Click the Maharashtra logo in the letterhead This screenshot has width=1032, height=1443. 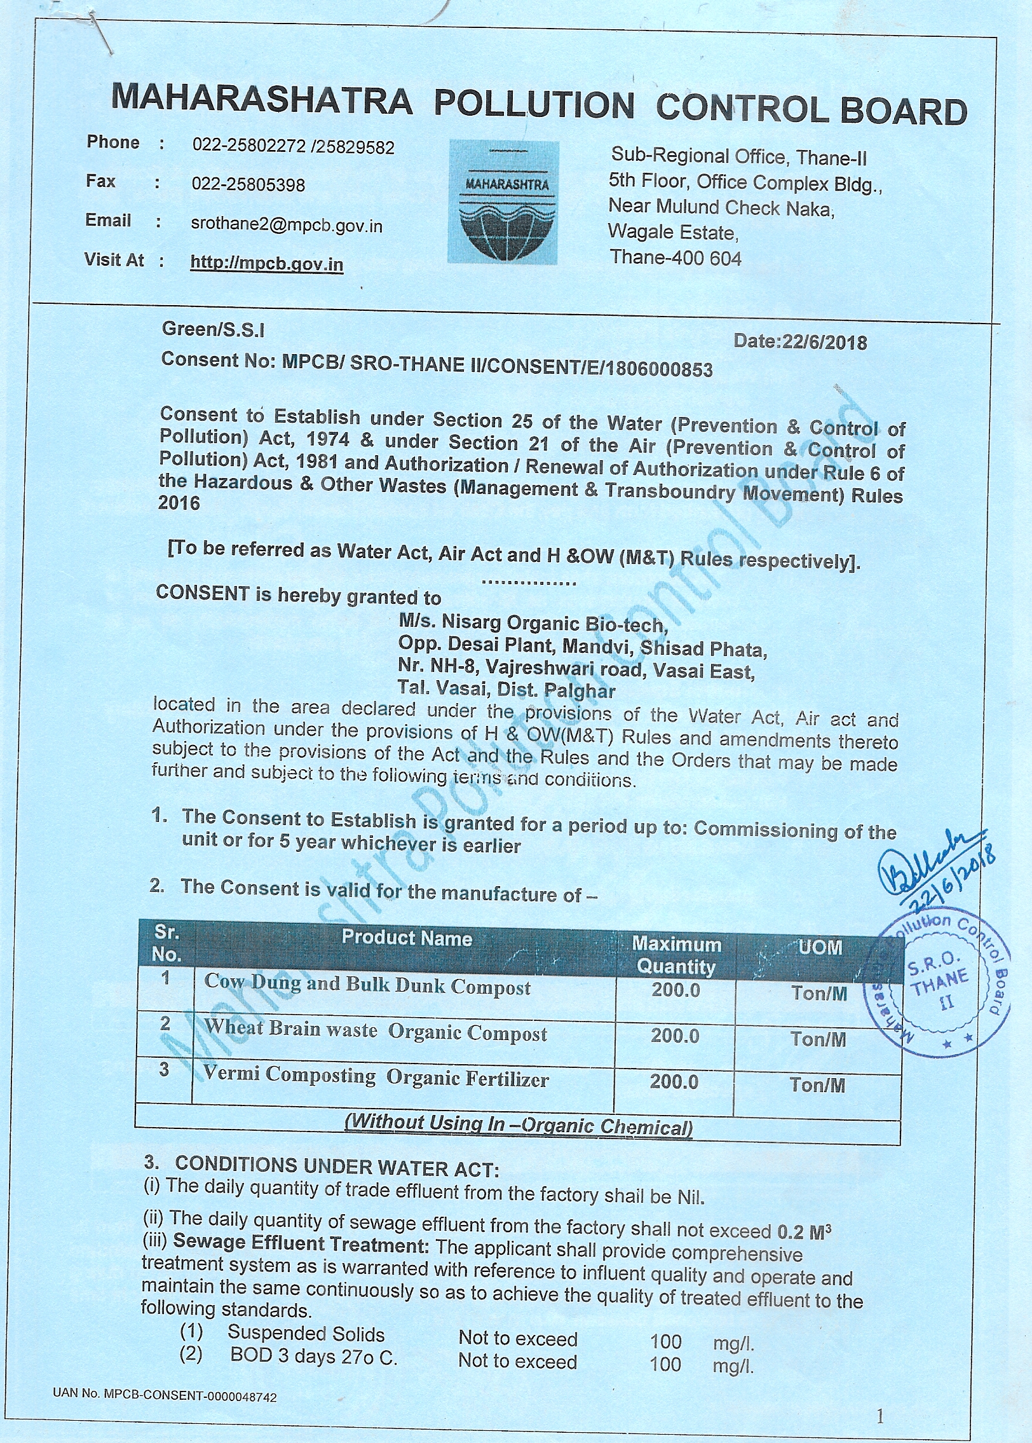tap(503, 203)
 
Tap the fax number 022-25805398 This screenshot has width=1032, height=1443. tap(248, 185)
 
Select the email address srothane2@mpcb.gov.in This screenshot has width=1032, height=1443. tap(287, 226)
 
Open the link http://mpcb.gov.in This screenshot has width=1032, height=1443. tap(266, 263)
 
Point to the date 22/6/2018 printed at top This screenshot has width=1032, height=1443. tap(800, 343)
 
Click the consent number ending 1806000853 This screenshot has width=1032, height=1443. tap(437, 365)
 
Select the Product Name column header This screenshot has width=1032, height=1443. tap(407, 938)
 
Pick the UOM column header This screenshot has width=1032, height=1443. tap(820, 947)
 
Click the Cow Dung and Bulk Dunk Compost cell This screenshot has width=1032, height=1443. tap(367, 985)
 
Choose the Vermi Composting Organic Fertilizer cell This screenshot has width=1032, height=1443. tap(376, 1076)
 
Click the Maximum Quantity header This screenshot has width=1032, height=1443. tap(676, 955)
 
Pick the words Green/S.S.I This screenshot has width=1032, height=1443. tap(214, 329)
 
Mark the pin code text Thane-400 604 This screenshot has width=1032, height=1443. tap(676, 257)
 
